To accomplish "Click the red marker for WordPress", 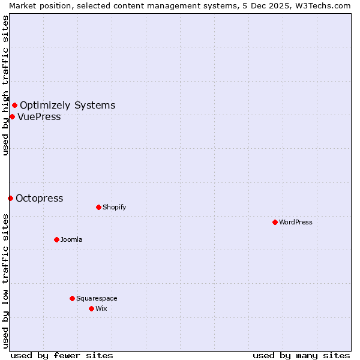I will point(275,222).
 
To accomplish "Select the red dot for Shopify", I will point(98,207).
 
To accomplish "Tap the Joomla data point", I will point(56,239).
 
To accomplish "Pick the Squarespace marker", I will point(72,298).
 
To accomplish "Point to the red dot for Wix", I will point(91,308).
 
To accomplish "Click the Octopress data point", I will point(10,198).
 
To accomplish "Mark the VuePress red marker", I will point(12,116).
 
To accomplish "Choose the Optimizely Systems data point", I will point(14,106).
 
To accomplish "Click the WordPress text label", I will point(296,222).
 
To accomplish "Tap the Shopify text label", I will point(114,207).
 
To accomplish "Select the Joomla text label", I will point(71,239).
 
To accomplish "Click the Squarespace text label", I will point(97,298).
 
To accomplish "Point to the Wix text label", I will point(101,308).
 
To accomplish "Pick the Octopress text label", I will point(39,198).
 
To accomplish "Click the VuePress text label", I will point(39,116).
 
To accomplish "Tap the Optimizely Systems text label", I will point(67,106).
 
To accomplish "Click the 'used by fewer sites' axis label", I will point(62,355).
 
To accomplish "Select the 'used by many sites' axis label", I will point(301,355).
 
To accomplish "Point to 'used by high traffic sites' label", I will point(5,85).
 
